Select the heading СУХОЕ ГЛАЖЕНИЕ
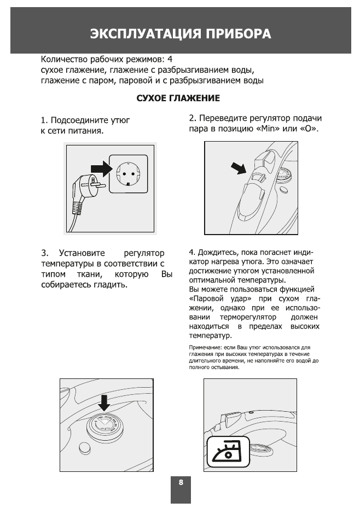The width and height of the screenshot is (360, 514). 178,98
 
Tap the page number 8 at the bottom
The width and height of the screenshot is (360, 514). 181,483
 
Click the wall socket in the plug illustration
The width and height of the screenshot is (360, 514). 129,173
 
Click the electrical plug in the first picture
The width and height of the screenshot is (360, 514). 89,189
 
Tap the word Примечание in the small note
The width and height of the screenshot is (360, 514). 204,348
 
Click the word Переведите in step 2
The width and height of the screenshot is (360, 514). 226,119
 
